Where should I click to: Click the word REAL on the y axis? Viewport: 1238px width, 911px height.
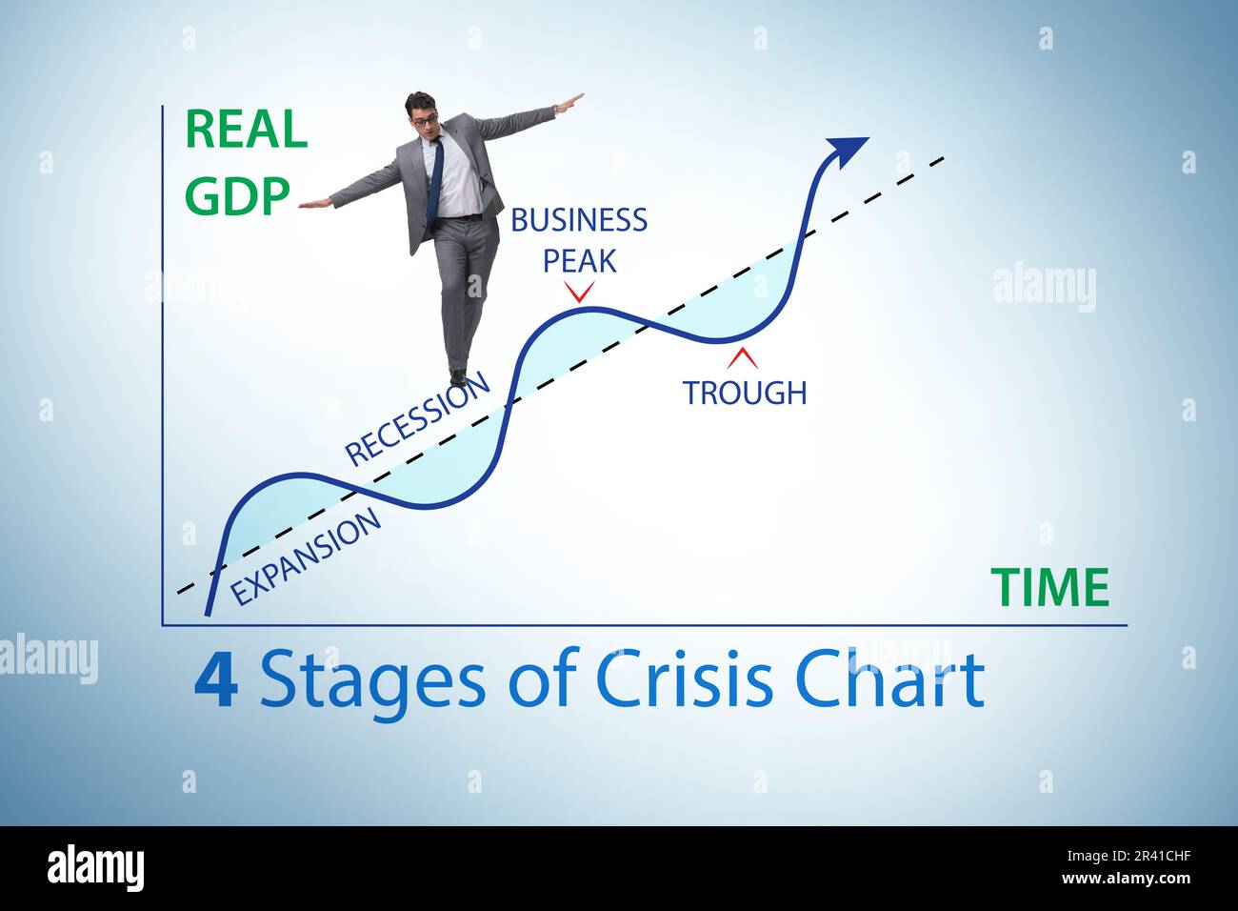click(x=247, y=130)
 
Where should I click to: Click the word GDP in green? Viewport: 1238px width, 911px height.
click(x=237, y=195)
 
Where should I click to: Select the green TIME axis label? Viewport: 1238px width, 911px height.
click(x=1049, y=587)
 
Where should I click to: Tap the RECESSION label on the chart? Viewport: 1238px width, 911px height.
click(x=417, y=419)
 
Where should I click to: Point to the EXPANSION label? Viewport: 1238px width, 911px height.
click(x=307, y=557)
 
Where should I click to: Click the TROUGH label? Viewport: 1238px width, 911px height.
click(x=744, y=392)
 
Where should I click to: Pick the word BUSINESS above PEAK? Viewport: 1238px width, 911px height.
click(x=579, y=220)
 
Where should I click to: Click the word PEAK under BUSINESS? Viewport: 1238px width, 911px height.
click(x=579, y=260)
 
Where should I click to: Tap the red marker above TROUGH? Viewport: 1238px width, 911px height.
click(x=743, y=358)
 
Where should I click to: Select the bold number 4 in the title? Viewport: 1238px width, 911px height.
click(x=215, y=680)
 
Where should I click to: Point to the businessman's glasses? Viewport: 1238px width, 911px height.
click(x=425, y=120)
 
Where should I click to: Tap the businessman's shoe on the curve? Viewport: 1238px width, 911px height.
click(x=458, y=377)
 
